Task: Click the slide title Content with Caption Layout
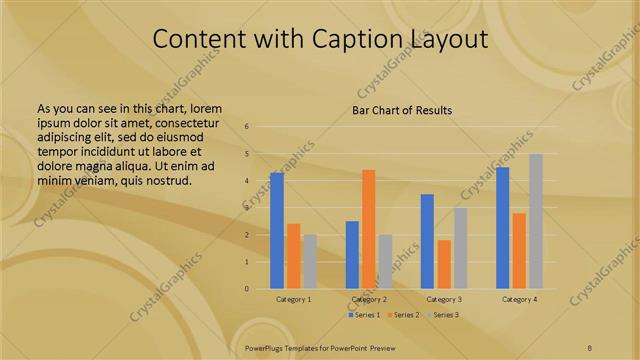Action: (320, 39)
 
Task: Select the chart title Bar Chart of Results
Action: (402, 110)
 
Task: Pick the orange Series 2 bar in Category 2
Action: (369, 229)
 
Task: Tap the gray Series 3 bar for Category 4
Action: (536, 221)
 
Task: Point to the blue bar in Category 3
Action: (427, 241)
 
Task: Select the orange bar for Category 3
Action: (444, 264)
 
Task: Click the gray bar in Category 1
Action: (310, 261)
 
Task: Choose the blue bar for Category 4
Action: (503, 228)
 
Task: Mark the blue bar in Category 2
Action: (352, 254)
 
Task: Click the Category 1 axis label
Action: (293, 299)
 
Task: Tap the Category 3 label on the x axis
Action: (444, 299)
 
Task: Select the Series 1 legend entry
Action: (364, 315)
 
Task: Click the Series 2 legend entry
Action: (403, 315)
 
